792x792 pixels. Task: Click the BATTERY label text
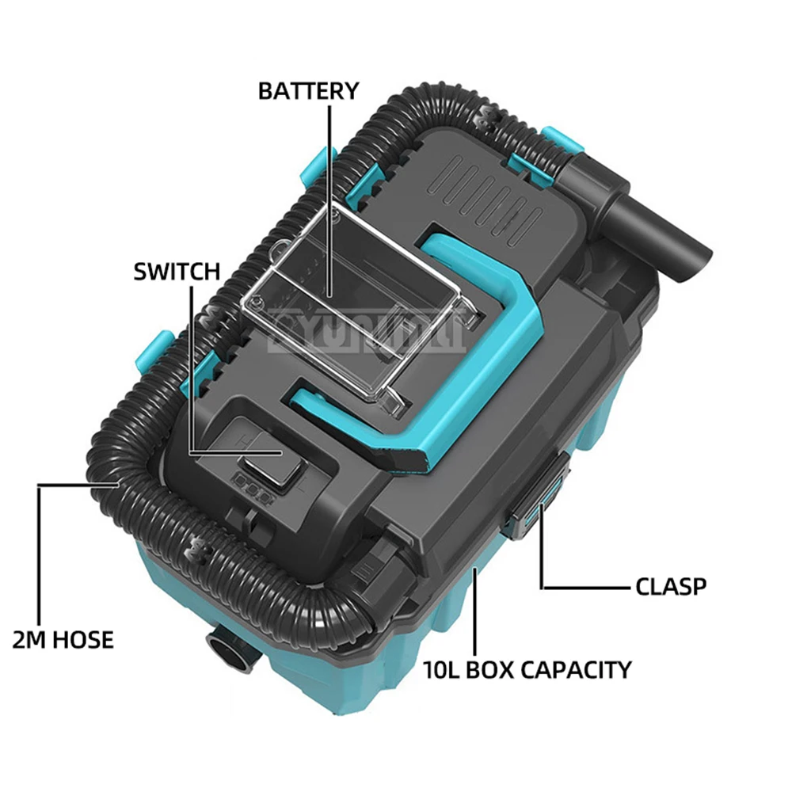pyautogui.click(x=308, y=90)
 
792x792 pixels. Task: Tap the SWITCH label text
pyautogui.click(x=177, y=272)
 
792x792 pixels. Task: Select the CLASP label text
pyautogui.click(x=671, y=587)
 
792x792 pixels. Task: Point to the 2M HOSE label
pyautogui.click(x=63, y=638)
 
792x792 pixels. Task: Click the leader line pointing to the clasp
pyautogui.click(x=586, y=587)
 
